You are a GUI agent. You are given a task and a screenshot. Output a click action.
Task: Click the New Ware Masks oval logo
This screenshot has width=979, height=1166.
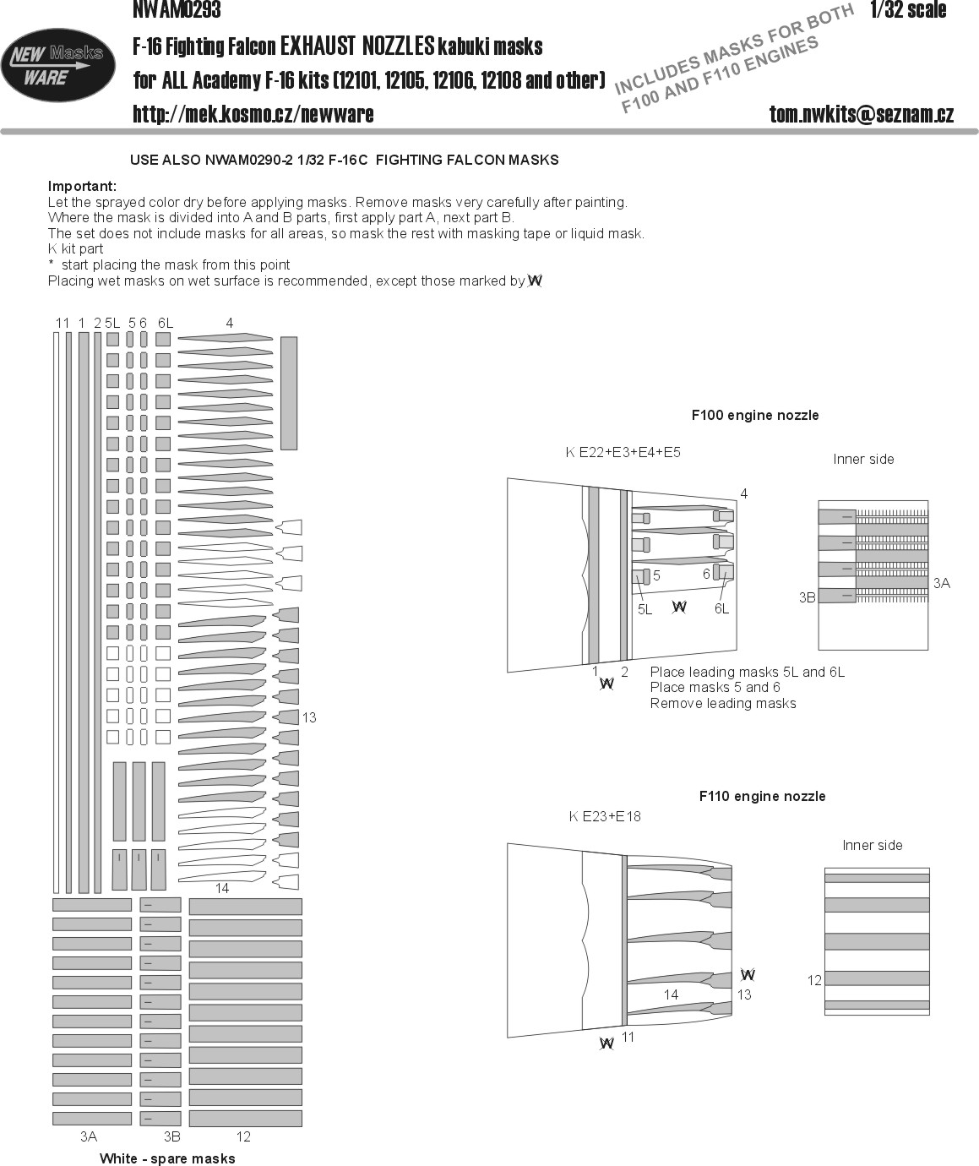click(58, 66)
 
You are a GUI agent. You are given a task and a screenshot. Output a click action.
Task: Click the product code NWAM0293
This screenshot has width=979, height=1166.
click(177, 9)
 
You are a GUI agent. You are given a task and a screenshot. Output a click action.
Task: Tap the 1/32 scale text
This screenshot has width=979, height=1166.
click(908, 10)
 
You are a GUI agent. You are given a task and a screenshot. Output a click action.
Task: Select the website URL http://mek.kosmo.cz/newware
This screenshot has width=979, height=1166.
click(253, 114)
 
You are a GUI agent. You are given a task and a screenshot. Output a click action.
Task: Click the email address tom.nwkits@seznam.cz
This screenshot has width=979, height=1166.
click(861, 115)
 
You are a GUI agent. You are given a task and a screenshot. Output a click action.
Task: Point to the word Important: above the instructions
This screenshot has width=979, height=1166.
click(82, 186)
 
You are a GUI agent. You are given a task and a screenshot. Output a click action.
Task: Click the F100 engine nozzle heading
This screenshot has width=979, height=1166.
click(754, 415)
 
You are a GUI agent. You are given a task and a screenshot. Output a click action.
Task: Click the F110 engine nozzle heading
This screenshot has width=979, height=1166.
click(762, 796)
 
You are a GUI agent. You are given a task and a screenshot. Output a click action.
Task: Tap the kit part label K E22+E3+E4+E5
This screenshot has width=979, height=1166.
click(623, 452)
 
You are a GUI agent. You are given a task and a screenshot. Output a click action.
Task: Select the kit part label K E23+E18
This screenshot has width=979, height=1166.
click(605, 816)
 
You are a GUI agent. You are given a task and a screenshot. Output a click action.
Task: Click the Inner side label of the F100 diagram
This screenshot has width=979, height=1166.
click(863, 459)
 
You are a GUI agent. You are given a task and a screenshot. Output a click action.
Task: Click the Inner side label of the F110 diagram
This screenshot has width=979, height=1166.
click(872, 845)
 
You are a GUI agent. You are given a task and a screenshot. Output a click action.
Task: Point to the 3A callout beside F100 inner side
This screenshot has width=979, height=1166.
click(941, 583)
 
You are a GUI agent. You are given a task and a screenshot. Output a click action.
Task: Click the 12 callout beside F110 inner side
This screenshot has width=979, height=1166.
click(814, 980)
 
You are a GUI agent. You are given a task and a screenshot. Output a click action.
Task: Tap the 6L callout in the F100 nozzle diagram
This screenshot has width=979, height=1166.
click(721, 608)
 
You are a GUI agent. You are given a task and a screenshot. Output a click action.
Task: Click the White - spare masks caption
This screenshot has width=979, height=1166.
click(167, 1158)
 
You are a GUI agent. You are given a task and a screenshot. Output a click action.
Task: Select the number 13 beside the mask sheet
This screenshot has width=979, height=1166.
click(309, 717)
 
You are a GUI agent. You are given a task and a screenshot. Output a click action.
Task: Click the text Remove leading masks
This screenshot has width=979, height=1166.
click(723, 703)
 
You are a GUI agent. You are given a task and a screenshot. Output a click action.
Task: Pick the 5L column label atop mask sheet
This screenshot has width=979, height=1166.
click(112, 323)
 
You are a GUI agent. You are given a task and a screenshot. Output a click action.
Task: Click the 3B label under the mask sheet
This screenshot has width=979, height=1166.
click(171, 1136)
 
